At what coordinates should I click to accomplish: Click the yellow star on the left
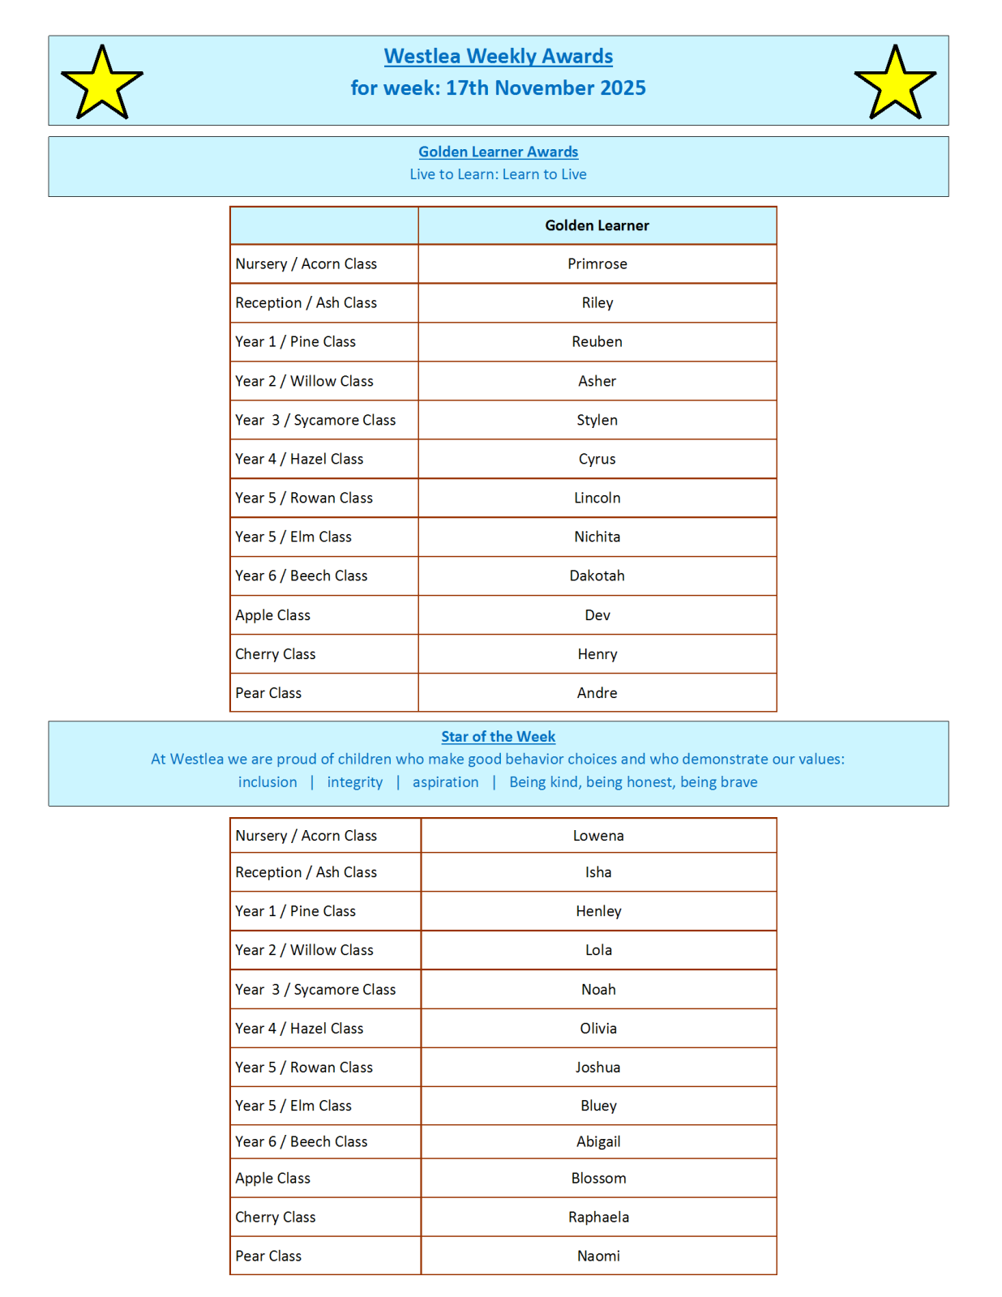pos(102,83)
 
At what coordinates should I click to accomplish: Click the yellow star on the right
pos(895,83)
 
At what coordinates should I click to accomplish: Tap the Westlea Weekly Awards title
pos(498,56)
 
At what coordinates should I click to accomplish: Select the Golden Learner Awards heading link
pos(498,152)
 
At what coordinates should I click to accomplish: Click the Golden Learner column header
pos(597,225)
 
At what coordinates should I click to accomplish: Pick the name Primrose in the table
pos(597,263)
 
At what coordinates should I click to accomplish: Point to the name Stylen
pos(597,420)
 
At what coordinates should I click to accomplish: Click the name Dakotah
pos(597,576)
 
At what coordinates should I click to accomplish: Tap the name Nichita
pos(597,537)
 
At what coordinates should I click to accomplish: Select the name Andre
pos(597,693)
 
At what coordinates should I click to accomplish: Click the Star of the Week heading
pos(498,737)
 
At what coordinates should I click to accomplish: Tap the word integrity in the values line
pos(355,782)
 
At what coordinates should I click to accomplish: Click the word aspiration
pos(445,782)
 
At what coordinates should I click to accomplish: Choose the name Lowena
pos(598,836)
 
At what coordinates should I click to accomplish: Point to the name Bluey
pos(598,1106)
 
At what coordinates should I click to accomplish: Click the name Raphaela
pos(598,1217)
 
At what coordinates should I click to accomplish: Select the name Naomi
pos(598,1256)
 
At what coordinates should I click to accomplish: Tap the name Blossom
pos(598,1178)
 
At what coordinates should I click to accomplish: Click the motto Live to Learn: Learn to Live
pos(498,174)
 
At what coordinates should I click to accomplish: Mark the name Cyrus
pos(597,459)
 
